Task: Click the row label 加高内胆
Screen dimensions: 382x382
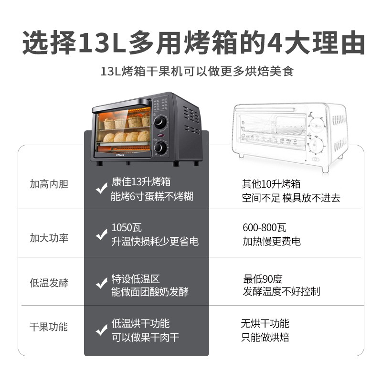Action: point(49,184)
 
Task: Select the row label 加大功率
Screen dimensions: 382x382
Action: point(49,238)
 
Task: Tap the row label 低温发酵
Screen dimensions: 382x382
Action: point(49,283)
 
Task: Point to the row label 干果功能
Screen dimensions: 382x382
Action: point(49,327)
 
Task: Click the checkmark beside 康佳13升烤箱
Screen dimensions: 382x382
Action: point(101,188)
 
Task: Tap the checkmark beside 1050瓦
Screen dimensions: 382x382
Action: point(101,234)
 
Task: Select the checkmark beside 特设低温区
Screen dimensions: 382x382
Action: point(101,283)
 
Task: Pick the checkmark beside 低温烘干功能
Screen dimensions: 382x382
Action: point(101,330)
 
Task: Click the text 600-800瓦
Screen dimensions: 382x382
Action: point(265,228)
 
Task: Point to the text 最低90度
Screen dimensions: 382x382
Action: point(263,279)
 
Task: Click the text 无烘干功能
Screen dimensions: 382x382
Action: point(265,323)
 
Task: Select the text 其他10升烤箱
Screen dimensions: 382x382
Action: point(271,184)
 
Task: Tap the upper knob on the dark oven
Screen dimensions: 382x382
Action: point(160,122)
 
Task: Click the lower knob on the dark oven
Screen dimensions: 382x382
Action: point(160,147)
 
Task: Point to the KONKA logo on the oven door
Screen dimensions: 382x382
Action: point(120,155)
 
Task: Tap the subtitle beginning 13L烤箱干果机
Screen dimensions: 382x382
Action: point(197,71)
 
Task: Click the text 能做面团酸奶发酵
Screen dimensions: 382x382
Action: point(150,292)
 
